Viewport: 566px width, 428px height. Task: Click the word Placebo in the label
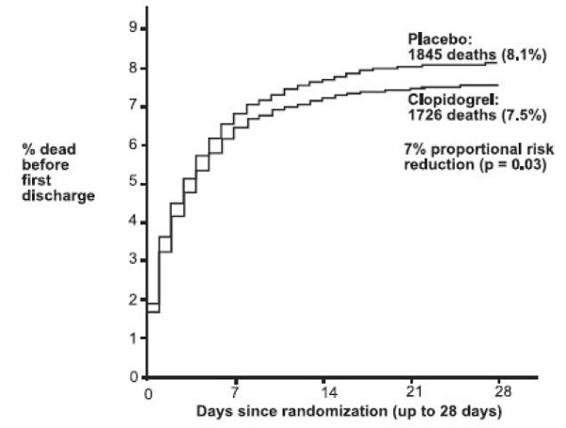434,41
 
